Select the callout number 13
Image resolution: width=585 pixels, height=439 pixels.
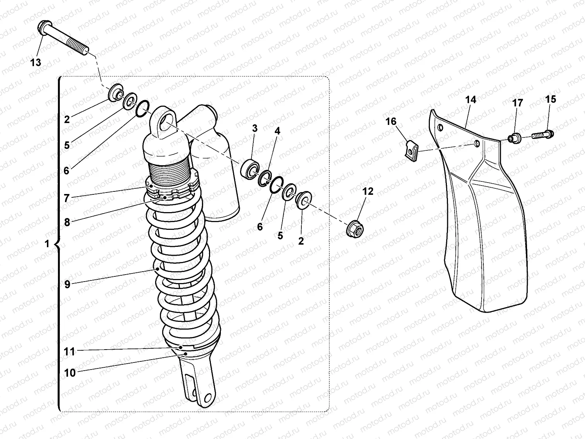click(x=36, y=62)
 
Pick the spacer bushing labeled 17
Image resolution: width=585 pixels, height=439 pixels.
click(x=513, y=139)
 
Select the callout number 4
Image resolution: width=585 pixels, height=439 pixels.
click(x=277, y=131)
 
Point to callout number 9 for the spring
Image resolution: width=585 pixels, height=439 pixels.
click(x=67, y=284)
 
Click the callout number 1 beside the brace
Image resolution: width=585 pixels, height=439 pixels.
click(x=47, y=244)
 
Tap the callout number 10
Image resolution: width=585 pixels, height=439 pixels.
click(x=70, y=373)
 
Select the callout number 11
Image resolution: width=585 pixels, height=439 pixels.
click(x=69, y=351)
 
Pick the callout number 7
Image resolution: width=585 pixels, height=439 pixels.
click(x=66, y=198)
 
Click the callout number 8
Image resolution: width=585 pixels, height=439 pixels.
click(x=67, y=222)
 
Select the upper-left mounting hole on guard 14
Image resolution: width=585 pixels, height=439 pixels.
click(x=440, y=128)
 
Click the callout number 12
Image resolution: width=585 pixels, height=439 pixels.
click(x=367, y=191)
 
